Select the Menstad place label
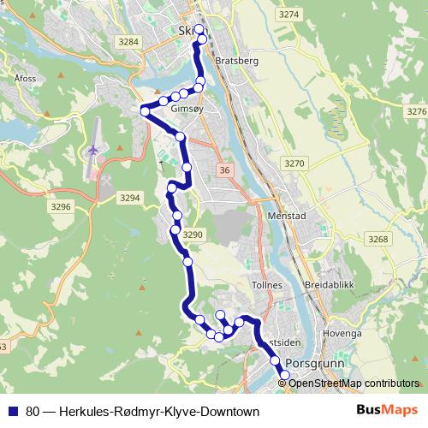[x=287, y=217]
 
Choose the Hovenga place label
[x=342, y=333]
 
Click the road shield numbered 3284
[x=129, y=42]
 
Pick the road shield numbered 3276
[x=416, y=112]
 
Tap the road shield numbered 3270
[x=294, y=163]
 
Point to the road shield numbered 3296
[x=61, y=207]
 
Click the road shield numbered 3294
[x=130, y=198]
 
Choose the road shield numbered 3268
[x=377, y=239]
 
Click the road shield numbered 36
[x=224, y=171]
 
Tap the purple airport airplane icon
[x=91, y=151]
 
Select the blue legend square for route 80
[x=14, y=410]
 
